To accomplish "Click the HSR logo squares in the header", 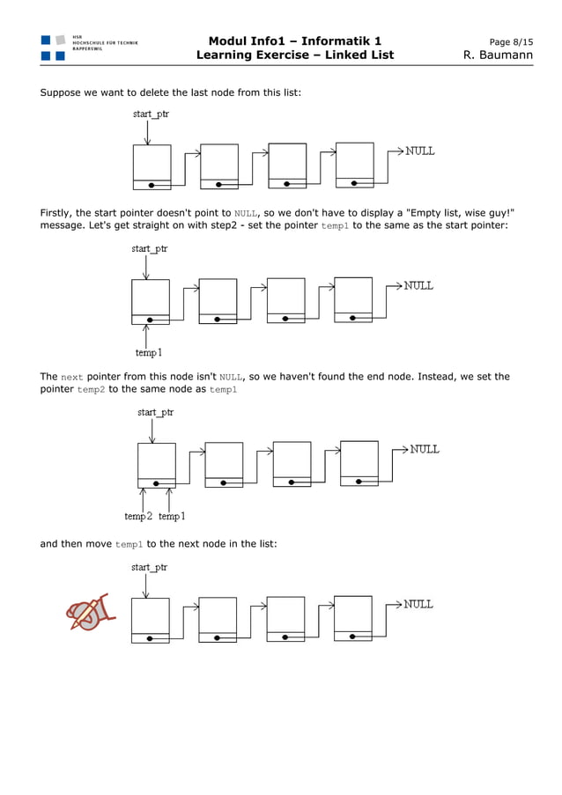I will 53,48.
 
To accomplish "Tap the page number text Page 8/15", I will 511,41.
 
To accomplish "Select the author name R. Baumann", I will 498,55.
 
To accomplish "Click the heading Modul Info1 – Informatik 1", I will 295,41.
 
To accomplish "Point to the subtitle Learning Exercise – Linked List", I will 295,55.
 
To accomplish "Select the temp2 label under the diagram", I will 138,516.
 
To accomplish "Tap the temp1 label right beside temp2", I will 171,516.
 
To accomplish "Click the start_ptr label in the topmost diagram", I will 151,114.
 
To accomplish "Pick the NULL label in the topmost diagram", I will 419,151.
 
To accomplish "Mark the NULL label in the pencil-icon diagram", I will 418,605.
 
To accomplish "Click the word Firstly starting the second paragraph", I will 56,212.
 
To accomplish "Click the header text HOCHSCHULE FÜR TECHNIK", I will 105,42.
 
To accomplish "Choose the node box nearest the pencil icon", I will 150,620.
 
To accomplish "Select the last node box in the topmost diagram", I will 355,165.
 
